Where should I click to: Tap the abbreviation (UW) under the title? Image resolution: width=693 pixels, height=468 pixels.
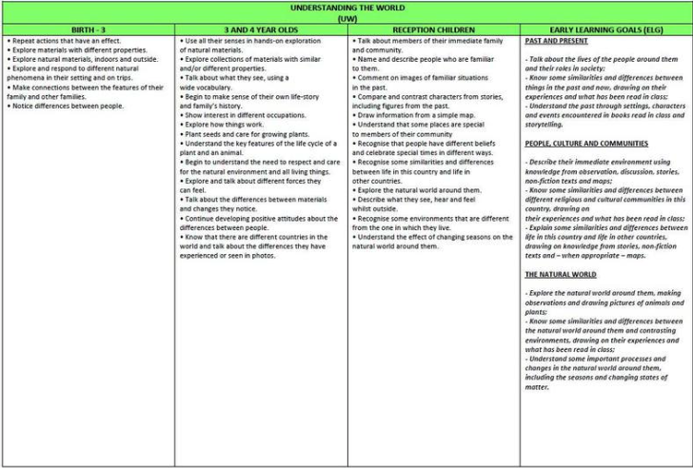(x=346, y=18)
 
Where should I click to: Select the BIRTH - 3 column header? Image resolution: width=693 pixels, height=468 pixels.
(x=88, y=30)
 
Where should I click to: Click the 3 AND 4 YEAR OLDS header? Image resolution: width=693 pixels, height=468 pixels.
(x=261, y=30)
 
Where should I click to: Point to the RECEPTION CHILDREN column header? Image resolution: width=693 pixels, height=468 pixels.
(x=433, y=30)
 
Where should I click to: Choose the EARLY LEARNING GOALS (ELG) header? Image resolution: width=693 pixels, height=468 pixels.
(x=605, y=30)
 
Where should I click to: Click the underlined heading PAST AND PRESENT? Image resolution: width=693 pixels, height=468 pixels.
(x=556, y=42)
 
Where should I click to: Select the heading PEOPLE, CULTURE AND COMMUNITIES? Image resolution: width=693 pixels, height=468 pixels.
(x=586, y=143)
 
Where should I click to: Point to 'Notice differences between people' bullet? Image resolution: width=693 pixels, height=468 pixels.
(x=68, y=106)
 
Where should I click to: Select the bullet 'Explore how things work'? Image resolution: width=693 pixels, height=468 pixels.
(x=225, y=125)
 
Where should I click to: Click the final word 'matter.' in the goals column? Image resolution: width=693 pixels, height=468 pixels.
(x=538, y=387)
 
